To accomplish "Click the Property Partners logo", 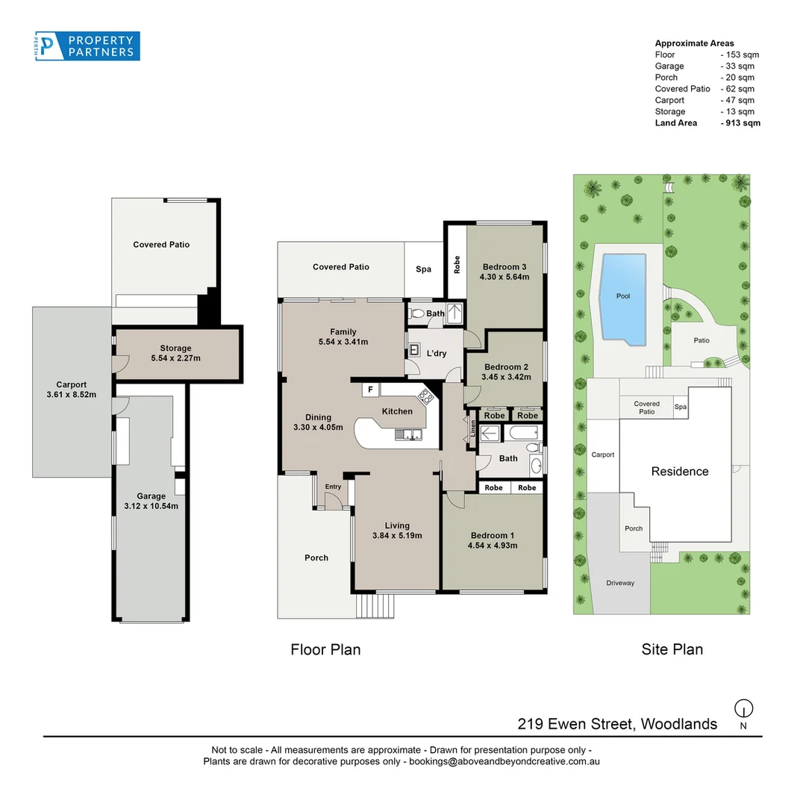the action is pyautogui.click(x=87, y=46).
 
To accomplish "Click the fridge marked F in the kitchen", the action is pyautogui.click(x=370, y=390).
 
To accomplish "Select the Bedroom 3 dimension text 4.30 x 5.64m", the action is pyautogui.click(x=504, y=277).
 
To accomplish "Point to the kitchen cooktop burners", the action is pyautogui.click(x=426, y=396).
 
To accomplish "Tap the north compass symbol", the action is pyautogui.click(x=743, y=708).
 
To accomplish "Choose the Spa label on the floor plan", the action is pyautogui.click(x=424, y=269).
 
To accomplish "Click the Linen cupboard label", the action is pyautogui.click(x=473, y=428).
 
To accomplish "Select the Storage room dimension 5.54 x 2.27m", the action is pyautogui.click(x=176, y=357).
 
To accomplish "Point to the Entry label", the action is pyautogui.click(x=333, y=487).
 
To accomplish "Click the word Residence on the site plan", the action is pyautogui.click(x=680, y=472).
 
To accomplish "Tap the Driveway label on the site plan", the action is pyautogui.click(x=620, y=583).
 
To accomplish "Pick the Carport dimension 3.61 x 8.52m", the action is pyautogui.click(x=72, y=394).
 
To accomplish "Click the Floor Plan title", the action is pyautogui.click(x=325, y=650).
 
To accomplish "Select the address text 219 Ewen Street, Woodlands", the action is pyautogui.click(x=617, y=724).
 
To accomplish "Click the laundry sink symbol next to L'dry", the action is pyautogui.click(x=414, y=351).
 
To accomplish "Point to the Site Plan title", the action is pyautogui.click(x=672, y=650).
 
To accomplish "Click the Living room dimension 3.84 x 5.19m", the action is pyautogui.click(x=397, y=535).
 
